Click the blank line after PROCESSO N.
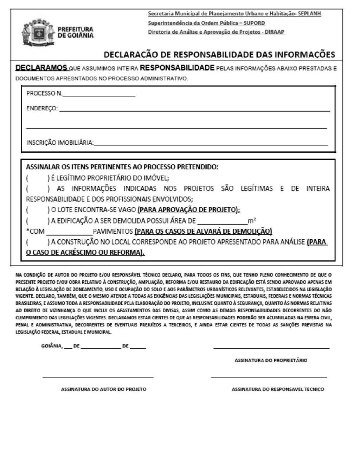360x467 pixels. click(x=99, y=94)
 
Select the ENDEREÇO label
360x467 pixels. click(x=42, y=108)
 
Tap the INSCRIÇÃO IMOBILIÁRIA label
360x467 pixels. click(x=60, y=143)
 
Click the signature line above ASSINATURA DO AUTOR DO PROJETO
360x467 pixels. click(x=98, y=377)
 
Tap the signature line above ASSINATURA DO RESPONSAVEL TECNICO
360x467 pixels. click(x=269, y=377)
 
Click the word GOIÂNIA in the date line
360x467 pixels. click(x=52, y=346)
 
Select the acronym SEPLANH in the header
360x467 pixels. click(x=309, y=14)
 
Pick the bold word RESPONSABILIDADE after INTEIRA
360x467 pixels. click(x=177, y=68)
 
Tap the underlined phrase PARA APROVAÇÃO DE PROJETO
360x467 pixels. click(x=188, y=210)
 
